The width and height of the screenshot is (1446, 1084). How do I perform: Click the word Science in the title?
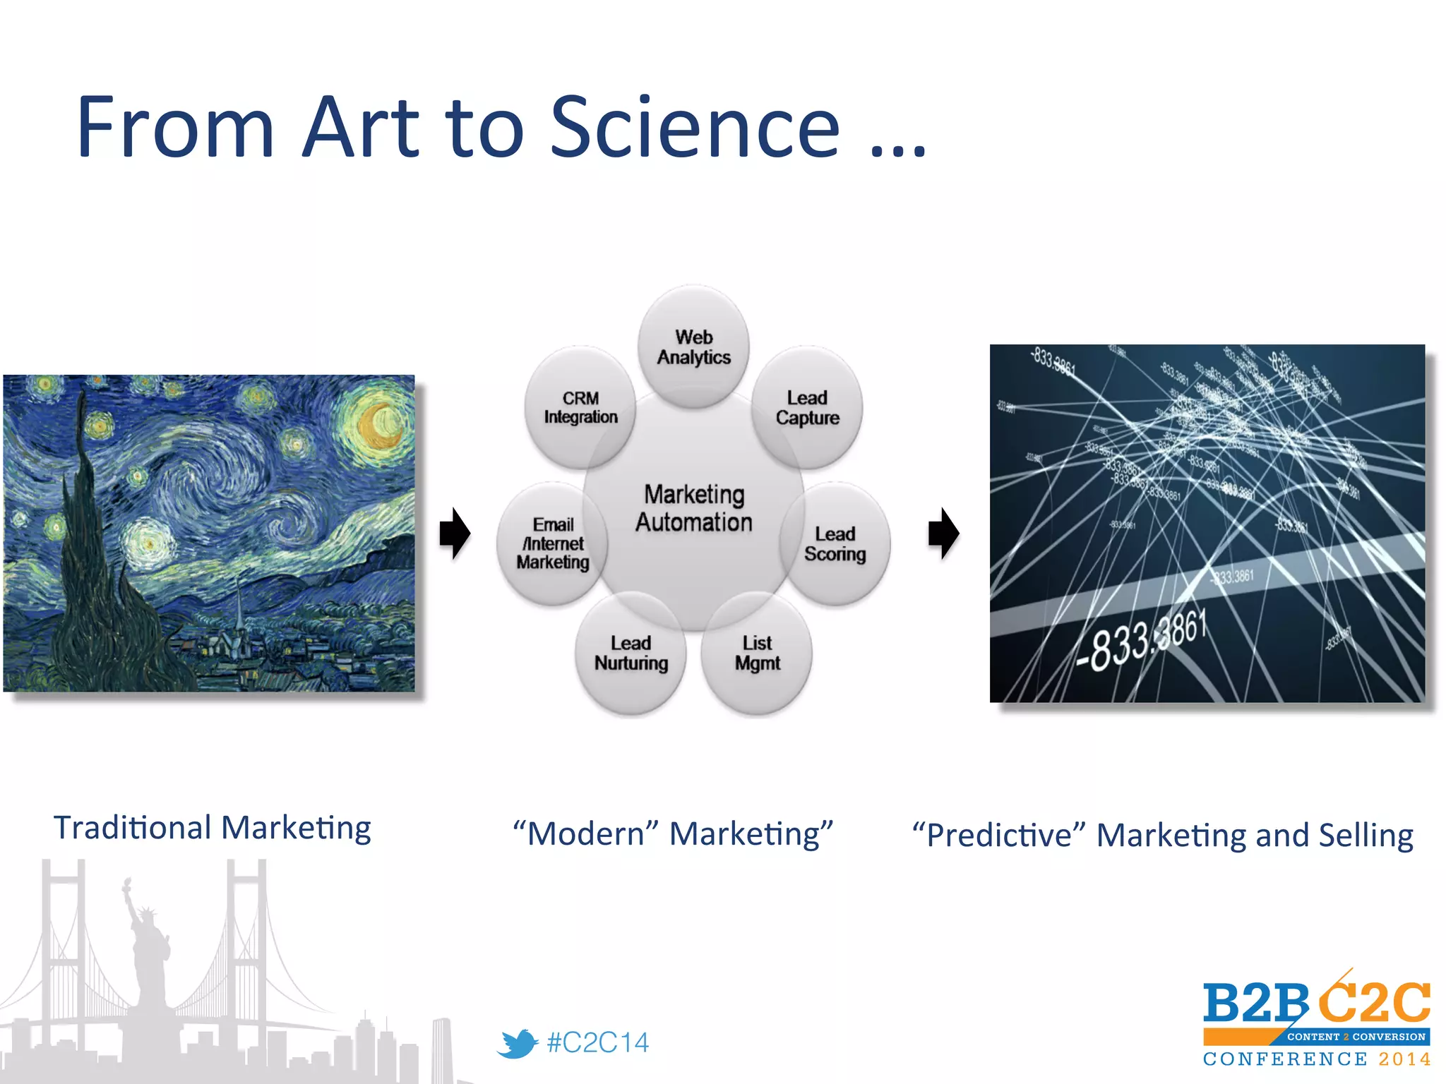coord(695,128)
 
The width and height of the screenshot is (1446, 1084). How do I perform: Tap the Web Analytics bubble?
coord(693,347)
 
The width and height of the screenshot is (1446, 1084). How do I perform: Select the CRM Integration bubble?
coord(580,408)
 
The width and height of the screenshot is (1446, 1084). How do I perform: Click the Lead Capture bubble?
coord(807,408)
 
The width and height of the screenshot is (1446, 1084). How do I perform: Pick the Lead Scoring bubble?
coord(835,544)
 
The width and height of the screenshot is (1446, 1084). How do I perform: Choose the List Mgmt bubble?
coord(757,653)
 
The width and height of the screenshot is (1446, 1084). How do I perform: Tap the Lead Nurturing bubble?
coord(631,653)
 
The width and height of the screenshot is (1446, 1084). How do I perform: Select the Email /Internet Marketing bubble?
coord(552,543)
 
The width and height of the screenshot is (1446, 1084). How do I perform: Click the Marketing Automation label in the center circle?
coord(693,508)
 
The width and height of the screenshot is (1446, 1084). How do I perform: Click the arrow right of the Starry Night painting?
coord(455,533)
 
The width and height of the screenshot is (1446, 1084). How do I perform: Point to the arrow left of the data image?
coord(943,533)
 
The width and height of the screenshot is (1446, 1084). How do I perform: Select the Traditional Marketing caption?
coord(213,828)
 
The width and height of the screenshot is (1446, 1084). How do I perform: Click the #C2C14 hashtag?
coord(597,1042)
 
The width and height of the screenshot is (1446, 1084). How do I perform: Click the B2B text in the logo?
coord(1255,1003)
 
